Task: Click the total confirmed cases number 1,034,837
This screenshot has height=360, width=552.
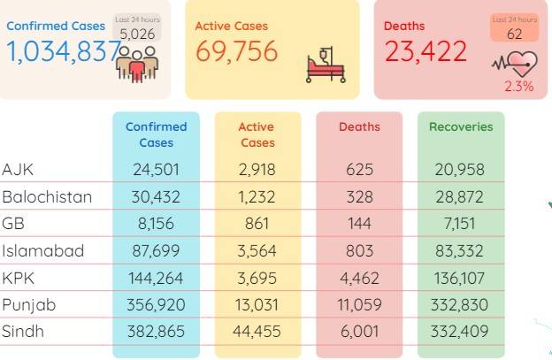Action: tap(65, 51)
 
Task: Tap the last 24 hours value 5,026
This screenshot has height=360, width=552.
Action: tap(137, 34)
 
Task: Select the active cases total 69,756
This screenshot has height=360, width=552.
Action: tap(237, 51)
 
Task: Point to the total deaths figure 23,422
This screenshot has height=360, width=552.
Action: tap(425, 51)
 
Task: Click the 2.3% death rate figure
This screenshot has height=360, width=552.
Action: tap(519, 86)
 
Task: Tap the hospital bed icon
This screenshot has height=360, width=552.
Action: tap(326, 65)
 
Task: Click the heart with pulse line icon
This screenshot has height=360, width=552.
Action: tap(515, 64)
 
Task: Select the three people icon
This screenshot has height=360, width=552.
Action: tap(137, 65)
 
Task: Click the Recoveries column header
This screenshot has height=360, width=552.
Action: tap(461, 126)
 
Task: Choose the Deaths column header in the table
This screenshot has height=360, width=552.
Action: tap(359, 126)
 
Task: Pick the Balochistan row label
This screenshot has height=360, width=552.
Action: tap(47, 196)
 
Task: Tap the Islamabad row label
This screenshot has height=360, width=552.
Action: tap(43, 250)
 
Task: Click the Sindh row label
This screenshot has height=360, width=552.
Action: tap(23, 332)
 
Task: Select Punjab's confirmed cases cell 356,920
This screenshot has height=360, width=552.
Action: tap(156, 305)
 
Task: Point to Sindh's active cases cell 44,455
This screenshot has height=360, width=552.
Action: tap(257, 332)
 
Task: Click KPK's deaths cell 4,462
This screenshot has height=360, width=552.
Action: tap(359, 278)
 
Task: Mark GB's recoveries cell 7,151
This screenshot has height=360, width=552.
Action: tap(460, 224)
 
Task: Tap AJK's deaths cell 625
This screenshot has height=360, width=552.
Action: tap(359, 170)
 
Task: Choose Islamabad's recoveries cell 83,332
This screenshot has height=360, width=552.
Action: tap(459, 251)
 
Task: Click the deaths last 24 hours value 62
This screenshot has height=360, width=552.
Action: tap(514, 34)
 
